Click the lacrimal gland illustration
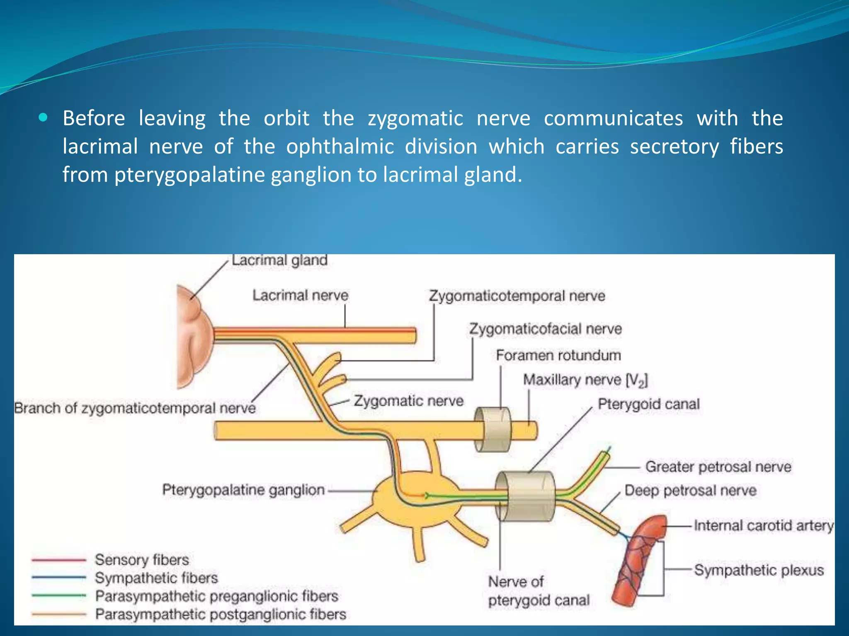pyautogui.click(x=193, y=335)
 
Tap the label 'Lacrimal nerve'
pyautogui.click(x=301, y=295)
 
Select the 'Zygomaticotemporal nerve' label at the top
pyautogui.click(x=517, y=296)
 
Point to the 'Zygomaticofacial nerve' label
pyautogui.click(x=545, y=329)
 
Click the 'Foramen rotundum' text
pyautogui.click(x=558, y=355)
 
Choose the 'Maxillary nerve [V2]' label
pyautogui.click(x=585, y=380)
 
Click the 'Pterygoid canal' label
pyautogui.click(x=648, y=404)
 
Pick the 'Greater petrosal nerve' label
pyautogui.click(x=718, y=467)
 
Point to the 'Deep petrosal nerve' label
pyautogui.click(x=690, y=490)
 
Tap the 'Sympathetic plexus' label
pyautogui.click(x=759, y=570)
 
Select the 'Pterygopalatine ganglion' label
pyautogui.click(x=243, y=490)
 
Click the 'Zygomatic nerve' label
pyautogui.click(x=408, y=401)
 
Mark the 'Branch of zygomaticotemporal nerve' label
pyautogui.click(x=135, y=408)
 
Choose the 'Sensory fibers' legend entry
pyautogui.click(x=142, y=560)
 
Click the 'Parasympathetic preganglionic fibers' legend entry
pyautogui.click(x=216, y=596)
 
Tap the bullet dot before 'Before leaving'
pyautogui.click(x=43, y=118)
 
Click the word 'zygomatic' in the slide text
pyautogui.click(x=415, y=118)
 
